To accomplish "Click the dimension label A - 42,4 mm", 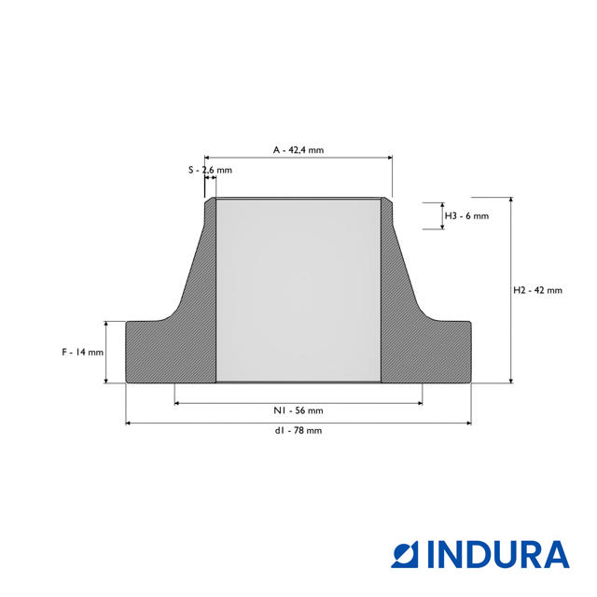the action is coord(298,150).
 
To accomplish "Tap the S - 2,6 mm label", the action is coord(210,170).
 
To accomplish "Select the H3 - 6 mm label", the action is coord(466,215).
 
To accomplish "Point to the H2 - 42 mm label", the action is coord(537,290).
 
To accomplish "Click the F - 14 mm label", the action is coord(83,353).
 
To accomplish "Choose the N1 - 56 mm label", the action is coord(298,410).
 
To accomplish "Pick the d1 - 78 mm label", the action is coord(298,431).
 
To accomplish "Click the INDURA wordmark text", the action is coord(498,554).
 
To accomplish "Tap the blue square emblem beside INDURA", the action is coord(404,554).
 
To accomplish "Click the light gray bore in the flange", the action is coord(298,290).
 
